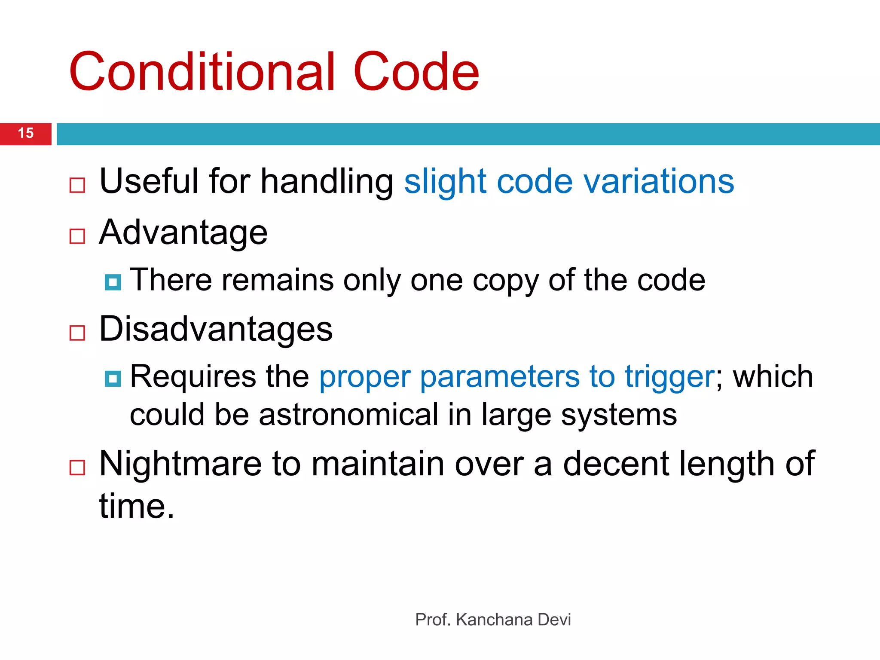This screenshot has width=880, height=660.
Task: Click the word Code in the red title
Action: [x=416, y=72]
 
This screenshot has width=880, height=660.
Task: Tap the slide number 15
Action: [x=26, y=133]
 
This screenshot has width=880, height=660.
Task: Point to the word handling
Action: [x=327, y=182]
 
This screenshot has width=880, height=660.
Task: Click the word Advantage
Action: [x=183, y=233]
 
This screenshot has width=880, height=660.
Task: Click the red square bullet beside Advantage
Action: [x=77, y=236]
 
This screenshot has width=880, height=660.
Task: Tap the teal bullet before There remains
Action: [x=113, y=282]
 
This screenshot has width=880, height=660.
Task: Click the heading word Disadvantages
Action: [x=216, y=329]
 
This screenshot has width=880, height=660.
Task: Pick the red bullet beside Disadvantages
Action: [x=77, y=333]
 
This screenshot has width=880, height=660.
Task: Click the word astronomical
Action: [x=348, y=415]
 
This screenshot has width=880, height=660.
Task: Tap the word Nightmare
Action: [x=180, y=464]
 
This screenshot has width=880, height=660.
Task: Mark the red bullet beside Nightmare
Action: [x=77, y=467]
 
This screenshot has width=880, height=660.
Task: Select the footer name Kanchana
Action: [x=494, y=620]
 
